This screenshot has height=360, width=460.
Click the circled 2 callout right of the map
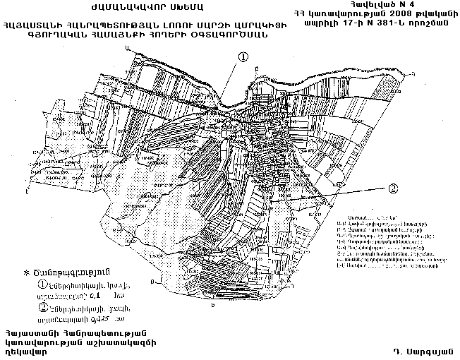[x=393, y=188]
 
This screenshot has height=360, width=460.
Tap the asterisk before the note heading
[x=27, y=272]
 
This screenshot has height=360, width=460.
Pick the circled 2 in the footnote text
[x=43, y=308]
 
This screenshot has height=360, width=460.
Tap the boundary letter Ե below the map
[x=213, y=308]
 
